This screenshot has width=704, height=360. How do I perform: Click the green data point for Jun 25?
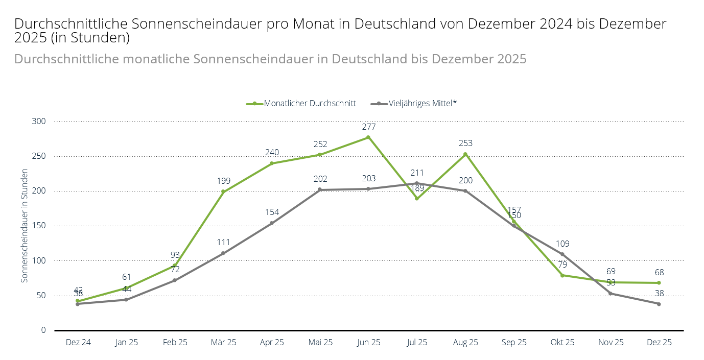tap(368, 137)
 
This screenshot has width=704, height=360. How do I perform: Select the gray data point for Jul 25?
tap(417, 183)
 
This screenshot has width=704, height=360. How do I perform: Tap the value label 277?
tap(368, 127)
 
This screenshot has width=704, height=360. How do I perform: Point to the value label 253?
tap(465, 143)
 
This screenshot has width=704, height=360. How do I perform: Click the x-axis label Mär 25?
tap(223, 343)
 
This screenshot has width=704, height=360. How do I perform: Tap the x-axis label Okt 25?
tap(562, 343)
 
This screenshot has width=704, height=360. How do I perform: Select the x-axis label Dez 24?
tap(78, 343)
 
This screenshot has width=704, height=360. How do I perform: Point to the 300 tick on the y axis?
tap(39, 122)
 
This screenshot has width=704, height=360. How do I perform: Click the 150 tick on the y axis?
tap(39, 226)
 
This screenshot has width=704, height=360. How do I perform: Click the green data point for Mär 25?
tap(223, 191)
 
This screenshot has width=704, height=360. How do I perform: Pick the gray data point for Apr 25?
tap(272, 223)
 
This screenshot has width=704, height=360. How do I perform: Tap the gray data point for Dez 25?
tap(659, 304)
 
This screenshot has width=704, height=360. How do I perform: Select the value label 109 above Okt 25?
tap(562, 244)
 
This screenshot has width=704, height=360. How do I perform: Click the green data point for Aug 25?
tap(465, 154)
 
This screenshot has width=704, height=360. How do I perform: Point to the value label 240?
tap(272, 152)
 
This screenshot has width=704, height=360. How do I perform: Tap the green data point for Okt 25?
tap(562, 275)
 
